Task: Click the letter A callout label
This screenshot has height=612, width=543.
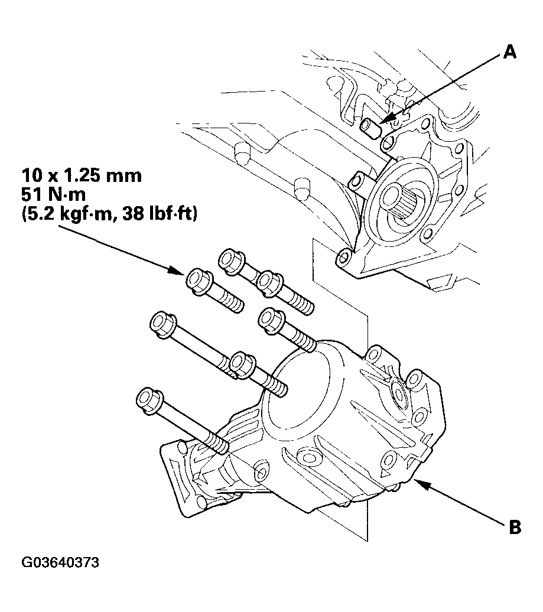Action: point(509,53)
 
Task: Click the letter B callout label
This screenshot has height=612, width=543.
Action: point(515,527)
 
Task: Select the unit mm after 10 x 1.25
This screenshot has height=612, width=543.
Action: point(126,175)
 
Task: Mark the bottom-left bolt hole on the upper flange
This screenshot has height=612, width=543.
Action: point(342,258)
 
